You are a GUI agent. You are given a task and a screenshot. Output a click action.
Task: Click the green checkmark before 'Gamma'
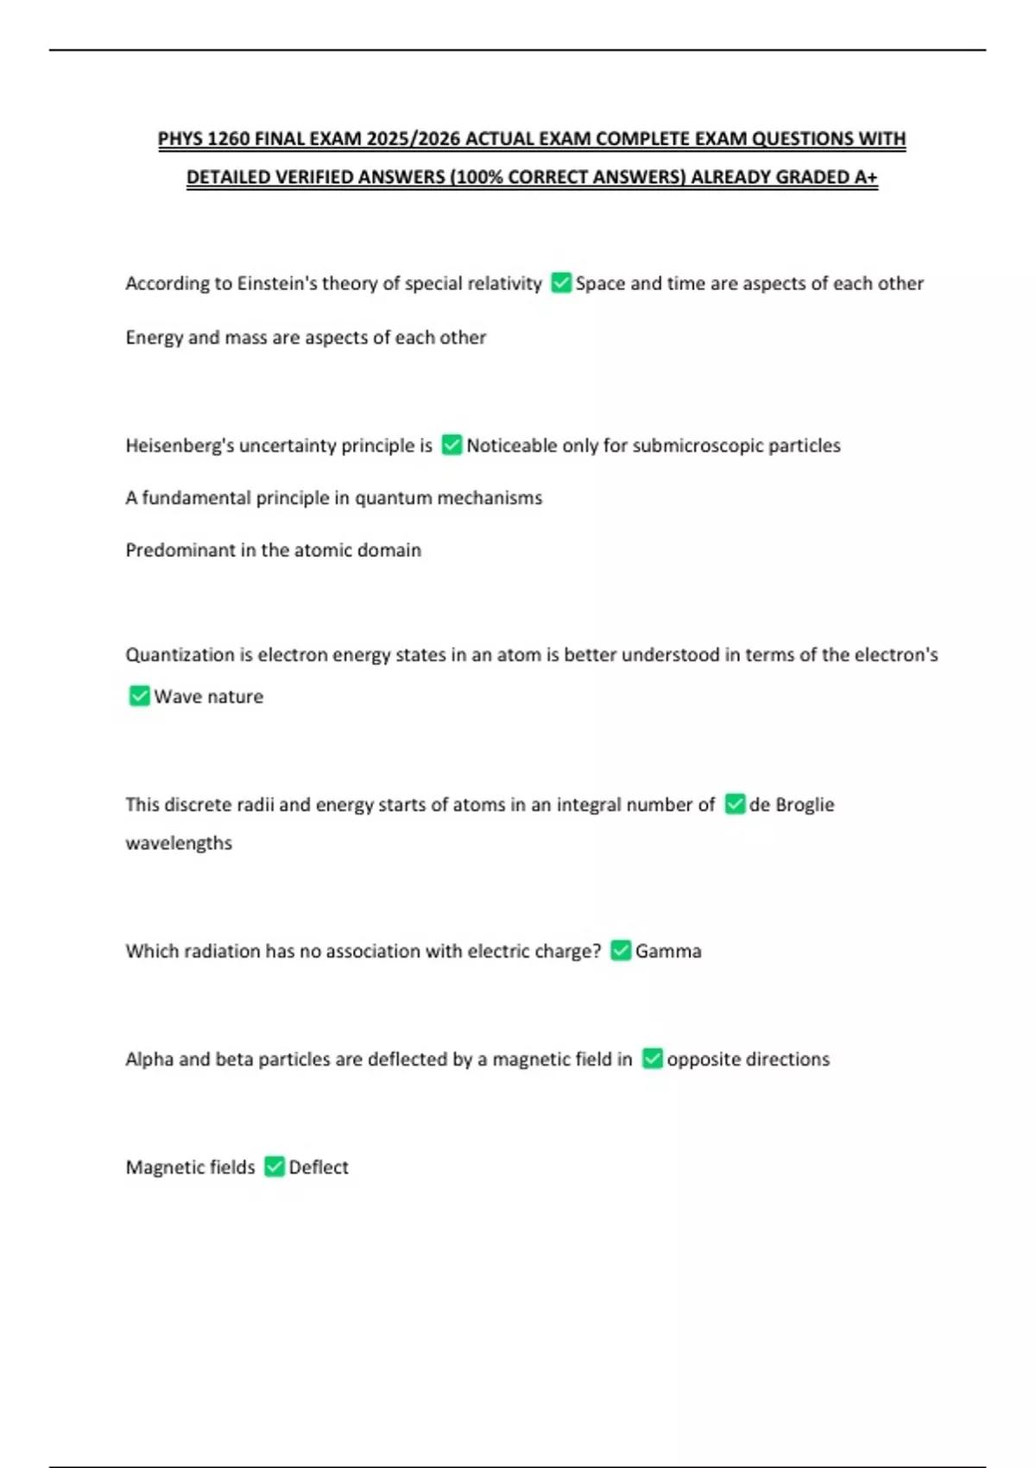[620, 951]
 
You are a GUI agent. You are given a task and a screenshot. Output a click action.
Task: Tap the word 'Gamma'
[668, 951]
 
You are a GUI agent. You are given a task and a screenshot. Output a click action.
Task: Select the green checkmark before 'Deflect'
[275, 1167]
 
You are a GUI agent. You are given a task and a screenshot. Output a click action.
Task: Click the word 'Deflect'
[319, 1167]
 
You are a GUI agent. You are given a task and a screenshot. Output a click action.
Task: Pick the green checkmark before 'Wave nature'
[139, 696]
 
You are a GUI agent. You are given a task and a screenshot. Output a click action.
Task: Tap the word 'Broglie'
[805, 805]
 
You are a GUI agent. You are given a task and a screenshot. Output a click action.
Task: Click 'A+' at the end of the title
[865, 177]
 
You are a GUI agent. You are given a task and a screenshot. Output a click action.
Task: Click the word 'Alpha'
[149, 1059]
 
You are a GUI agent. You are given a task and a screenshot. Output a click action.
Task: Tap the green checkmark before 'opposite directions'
[653, 1059]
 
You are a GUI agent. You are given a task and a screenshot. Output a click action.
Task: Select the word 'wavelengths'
[179, 843]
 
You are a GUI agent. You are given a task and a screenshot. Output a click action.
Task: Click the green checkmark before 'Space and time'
[561, 283]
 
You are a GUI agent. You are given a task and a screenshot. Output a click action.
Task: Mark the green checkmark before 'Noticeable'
[452, 446]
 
